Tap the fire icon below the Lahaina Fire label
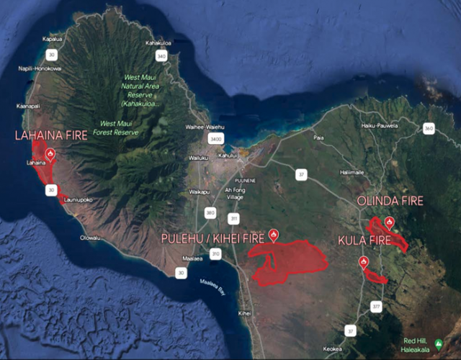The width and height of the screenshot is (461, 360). (x=50, y=153)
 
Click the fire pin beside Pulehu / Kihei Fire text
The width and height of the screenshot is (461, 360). (x=273, y=235)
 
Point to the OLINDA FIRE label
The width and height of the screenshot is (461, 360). (x=390, y=201)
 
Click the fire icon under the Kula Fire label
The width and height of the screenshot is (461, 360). (x=364, y=261)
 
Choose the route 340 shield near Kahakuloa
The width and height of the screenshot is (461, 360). (x=161, y=55)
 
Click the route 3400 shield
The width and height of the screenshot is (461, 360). (x=215, y=138)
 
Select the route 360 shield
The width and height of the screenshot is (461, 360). (x=429, y=128)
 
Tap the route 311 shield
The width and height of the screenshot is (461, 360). (x=233, y=217)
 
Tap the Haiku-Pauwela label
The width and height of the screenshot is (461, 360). (x=380, y=125)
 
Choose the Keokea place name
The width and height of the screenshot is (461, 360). (x=333, y=348)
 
